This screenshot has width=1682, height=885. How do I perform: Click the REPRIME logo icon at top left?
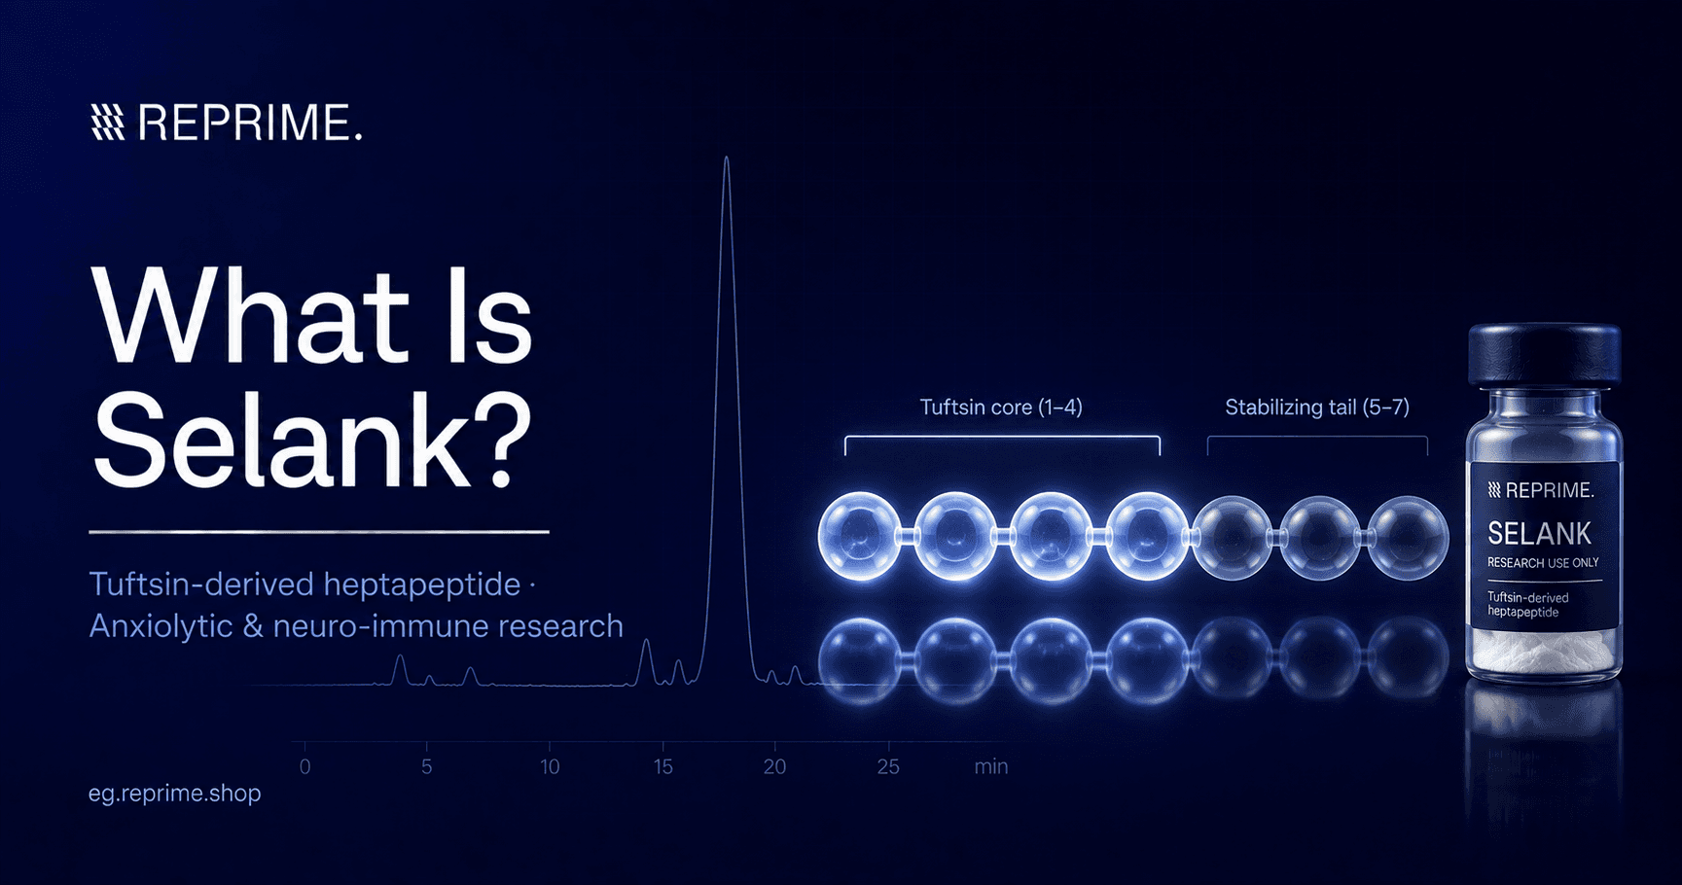(107, 123)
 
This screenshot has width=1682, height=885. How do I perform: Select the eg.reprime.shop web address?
(175, 794)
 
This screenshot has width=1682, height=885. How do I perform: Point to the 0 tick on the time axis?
(304, 766)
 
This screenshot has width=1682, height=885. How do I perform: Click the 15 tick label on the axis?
(662, 766)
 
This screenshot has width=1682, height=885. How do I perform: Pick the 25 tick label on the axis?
(887, 766)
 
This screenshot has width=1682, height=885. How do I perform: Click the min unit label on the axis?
(991, 766)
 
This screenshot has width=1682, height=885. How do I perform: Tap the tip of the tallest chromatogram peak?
(727, 158)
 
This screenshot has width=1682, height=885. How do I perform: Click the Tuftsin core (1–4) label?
(1001, 407)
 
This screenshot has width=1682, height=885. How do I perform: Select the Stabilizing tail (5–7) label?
(1317, 407)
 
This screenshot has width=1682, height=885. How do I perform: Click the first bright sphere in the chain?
(859, 537)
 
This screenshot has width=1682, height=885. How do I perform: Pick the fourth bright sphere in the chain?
(1148, 537)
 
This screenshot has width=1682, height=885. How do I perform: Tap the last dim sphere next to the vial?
(1408, 537)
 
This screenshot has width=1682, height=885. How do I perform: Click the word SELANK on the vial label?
(1539, 534)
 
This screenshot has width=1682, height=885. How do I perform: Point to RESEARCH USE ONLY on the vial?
(1543, 563)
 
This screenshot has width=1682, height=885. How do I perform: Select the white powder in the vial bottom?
(1544, 651)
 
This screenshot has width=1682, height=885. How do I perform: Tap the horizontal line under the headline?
(319, 532)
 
